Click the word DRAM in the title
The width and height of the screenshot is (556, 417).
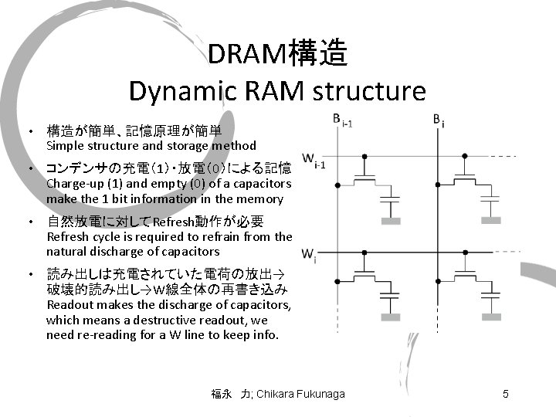click(x=246, y=55)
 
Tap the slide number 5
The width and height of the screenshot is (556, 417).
click(x=505, y=395)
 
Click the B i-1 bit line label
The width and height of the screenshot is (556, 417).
click(x=340, y=121)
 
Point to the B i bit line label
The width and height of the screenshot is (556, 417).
click(x=438, y=121)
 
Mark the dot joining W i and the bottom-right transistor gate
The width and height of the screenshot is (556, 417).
click(x=466, y=253)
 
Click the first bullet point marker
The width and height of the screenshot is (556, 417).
click(x=29, y=131)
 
